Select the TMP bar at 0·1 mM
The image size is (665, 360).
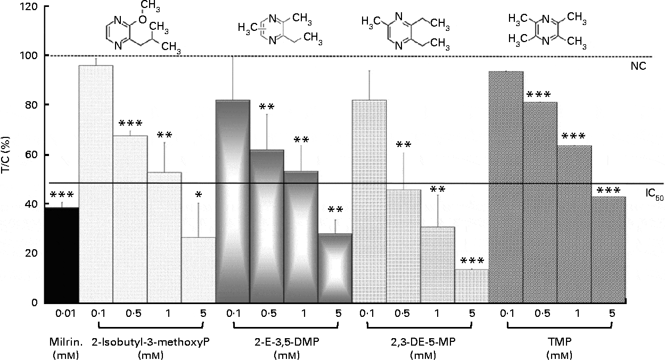click(x=506, y=186)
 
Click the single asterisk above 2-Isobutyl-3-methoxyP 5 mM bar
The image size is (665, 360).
click(x=198, y=195)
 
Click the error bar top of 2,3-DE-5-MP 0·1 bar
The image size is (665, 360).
click(x=370, y=71)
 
